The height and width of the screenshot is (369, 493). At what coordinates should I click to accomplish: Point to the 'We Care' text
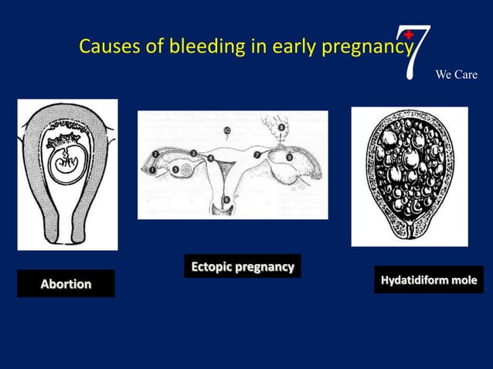(x=456, y=75)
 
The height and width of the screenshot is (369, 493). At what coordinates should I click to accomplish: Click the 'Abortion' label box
(x=66, y=283)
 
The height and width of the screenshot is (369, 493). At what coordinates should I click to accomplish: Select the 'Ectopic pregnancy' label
(x=243, y=267)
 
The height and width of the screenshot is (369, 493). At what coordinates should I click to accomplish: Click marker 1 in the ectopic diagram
(x=153, y=169)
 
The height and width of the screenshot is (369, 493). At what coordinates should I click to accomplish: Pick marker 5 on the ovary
(x=175, y=168)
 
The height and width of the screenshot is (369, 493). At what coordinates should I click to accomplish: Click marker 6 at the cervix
(x=226, y=199)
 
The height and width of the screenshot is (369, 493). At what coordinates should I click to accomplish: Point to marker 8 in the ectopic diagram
(x=281, y=127)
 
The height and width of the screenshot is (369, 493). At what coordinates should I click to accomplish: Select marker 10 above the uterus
(x=226, y=130)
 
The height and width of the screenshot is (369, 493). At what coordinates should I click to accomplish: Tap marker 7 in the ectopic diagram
(x=257, y=154)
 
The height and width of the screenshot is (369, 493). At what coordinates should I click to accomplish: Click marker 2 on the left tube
(x=156, y=154)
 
